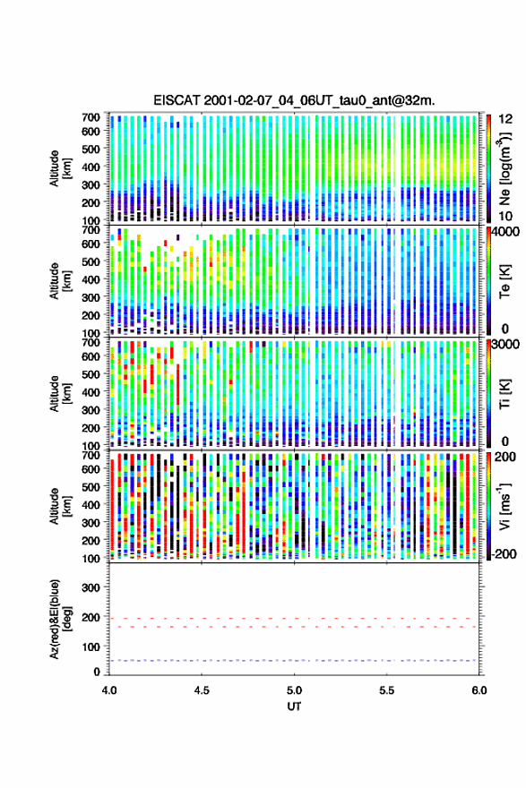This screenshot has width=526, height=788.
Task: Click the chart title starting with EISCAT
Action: pos(294,100)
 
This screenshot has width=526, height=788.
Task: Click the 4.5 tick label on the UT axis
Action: pos(202,690)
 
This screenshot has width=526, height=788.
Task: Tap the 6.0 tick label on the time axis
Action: pos(479,690)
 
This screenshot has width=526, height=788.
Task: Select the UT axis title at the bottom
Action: pos(294,707)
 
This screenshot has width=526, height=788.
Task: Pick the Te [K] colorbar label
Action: pos(504,282)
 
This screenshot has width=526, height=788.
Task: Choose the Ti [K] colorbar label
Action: pos(504,393)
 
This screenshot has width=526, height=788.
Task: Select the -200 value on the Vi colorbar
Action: pos(503,553)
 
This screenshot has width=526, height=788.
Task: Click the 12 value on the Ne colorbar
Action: pos(505,118)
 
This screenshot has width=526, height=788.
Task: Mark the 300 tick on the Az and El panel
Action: pos(91,587)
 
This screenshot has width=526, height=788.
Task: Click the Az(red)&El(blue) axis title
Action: pos(61,619)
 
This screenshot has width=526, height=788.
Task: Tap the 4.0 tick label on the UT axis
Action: pos(109,690)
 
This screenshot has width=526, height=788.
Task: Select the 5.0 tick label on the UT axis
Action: pos(294,690)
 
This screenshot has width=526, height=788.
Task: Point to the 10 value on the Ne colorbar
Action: pos(505,216)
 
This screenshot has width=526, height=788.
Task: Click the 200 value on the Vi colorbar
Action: pos(505,457)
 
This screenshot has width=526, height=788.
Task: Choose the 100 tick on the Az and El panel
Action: pos(91,647)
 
